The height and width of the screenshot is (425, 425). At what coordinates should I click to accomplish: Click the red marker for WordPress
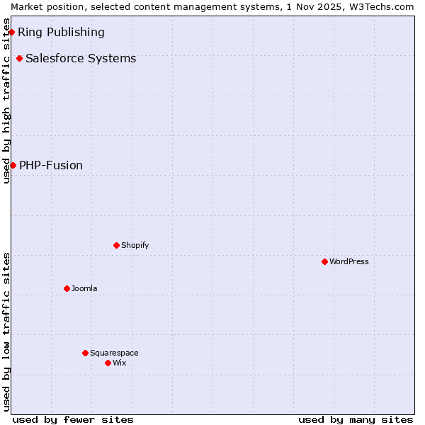[x=324, y=261]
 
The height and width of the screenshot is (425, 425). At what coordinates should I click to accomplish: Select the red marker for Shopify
[x=116, y=245]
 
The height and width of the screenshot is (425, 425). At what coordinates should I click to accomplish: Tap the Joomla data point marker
[x=67, y=288]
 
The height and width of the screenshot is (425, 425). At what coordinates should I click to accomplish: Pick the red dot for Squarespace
[x=85, y=353]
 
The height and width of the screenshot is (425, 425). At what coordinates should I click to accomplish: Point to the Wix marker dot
[x=108, y=363]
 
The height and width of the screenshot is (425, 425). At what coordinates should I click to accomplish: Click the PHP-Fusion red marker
[x=13, y=165]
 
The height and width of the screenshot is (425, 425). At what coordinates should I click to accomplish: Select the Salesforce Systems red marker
[x=19, y=58]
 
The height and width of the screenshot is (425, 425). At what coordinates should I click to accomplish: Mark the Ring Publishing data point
[x=11, y=32]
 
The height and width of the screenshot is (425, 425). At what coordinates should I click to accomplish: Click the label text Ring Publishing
[x=61, y=32]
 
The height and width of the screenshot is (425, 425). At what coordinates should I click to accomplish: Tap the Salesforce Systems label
[x=81, y=58]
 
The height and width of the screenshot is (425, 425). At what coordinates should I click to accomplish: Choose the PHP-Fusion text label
[x=51, y=165]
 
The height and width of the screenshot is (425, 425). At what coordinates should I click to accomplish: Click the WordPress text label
[x=349, y=261]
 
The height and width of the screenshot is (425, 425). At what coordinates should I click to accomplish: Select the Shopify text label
[x=135, y=245]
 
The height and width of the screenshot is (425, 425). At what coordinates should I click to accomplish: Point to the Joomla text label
[x=84, y=288]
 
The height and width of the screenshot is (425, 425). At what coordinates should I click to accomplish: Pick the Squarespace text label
[x=114, y=353]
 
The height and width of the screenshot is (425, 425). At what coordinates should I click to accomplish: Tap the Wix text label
[x=120, y=363]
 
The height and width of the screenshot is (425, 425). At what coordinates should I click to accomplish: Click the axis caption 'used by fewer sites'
[x=73, y=419]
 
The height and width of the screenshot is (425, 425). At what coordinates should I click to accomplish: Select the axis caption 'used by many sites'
[x=356, y=419]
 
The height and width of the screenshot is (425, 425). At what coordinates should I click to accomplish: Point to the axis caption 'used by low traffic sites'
[x=6, y=331]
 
